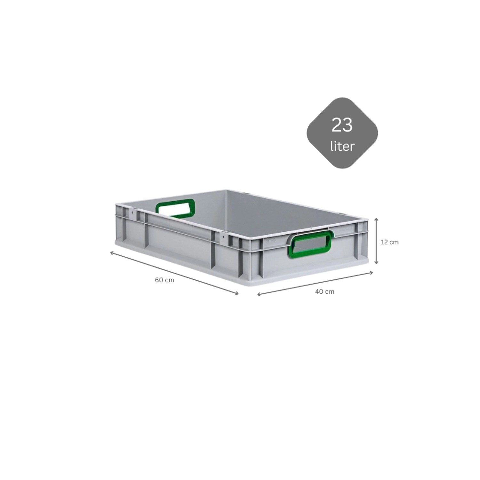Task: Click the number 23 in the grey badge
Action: pyautogui.click(x=342, y=125)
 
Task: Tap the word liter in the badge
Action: pyautogui.click(x=342, y=146)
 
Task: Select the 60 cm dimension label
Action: pyautogui.click(x=164, y=280)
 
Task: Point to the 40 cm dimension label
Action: pyautogui.click(x=324, y=292)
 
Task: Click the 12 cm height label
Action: pyautogui.click(x=389, y=242)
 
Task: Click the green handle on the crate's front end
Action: pyautogui.click(x=309, y=245)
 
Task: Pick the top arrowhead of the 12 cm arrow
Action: pyautogui.click(x=377, y=219)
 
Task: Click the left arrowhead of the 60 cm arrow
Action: pyautogui.click(x=112, y=253)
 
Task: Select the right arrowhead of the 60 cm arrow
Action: pyautogui.click(x=237, y=293)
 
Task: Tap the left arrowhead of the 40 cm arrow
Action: pyautogui.click(x=259, y=294)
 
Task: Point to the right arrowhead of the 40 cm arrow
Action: pyautogui.click(x=372, y=273)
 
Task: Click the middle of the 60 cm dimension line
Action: pyautogui.click(x=174, y=273)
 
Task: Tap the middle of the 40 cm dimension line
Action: pyautogui.click(x=315, y=284)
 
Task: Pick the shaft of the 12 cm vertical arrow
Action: pyautogui.click(x=377, y=241)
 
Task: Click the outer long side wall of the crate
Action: pyautogui.click(x=179, y=246)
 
